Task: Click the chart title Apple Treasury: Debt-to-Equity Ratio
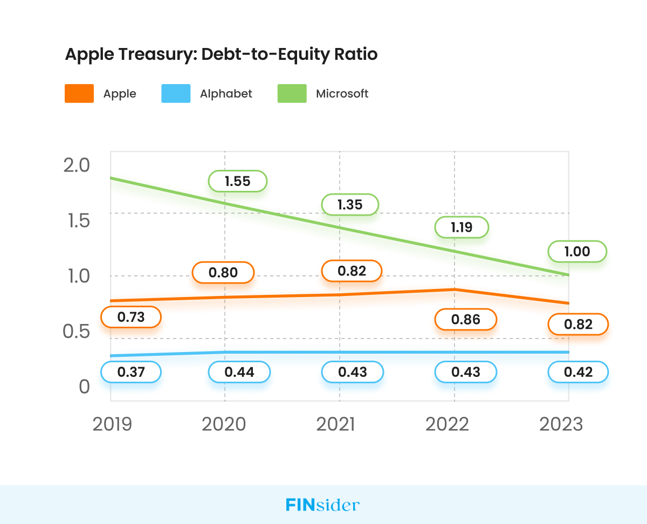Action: pos(221,54)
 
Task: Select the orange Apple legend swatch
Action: pos(79,94)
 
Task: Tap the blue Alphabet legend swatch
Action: pos(176,94)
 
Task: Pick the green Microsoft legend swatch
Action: pos(292,94)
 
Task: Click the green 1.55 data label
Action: pos(238,181)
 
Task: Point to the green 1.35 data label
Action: pos(350,205)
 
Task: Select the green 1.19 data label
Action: pos(462,227)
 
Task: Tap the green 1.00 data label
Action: pos(577,252)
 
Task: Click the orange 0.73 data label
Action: pos(131,317)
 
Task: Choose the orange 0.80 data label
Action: pos(223,273)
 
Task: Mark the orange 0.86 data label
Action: pos(466,320)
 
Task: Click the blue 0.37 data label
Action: pos(131,372)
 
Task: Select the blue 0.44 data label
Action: pos(239,372)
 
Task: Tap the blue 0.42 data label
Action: pos(577,372)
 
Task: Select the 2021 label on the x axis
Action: pos(336,424)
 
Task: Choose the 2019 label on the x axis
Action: pos(112,424)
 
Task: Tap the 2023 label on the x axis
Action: pos(561,424)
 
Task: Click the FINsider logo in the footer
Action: pos(322,505)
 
